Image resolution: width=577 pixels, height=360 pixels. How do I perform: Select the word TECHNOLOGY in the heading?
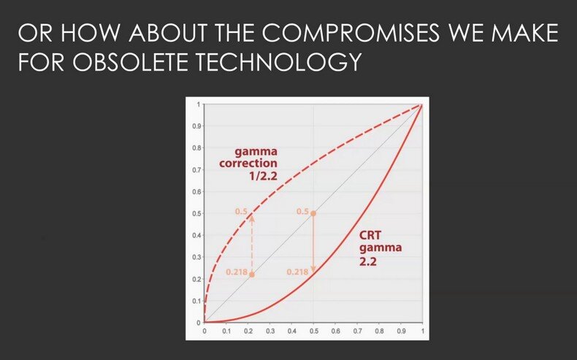(278, 62)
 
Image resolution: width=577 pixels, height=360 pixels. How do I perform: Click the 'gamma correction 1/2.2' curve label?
(248, 164)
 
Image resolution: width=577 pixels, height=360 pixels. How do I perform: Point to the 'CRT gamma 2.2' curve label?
(381, 248)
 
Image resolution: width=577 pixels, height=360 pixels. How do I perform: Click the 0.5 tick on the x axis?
(313, 332)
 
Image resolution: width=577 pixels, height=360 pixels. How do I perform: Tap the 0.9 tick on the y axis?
(196, 126)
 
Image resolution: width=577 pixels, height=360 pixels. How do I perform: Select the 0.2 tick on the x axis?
(248, 332)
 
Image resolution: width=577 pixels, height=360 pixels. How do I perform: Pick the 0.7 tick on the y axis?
(196, 170)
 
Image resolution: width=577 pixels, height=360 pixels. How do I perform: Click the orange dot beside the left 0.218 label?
(252, 275)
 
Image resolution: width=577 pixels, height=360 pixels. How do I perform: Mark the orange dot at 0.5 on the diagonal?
(313, 213)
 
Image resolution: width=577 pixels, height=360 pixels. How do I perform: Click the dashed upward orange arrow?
(252, 244)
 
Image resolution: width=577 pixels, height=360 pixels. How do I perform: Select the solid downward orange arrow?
(313, 243)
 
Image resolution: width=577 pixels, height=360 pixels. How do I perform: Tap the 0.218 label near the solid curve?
(297, 272)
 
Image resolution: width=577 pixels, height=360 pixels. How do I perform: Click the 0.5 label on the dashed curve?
(242, 212)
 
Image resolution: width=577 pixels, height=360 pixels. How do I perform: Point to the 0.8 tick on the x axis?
(379, 332)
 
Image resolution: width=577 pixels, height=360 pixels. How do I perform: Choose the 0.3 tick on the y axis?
(196, 258)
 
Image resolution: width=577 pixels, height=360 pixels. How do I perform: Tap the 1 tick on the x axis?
(422, 332)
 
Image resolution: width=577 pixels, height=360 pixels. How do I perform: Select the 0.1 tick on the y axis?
(196, 301)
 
